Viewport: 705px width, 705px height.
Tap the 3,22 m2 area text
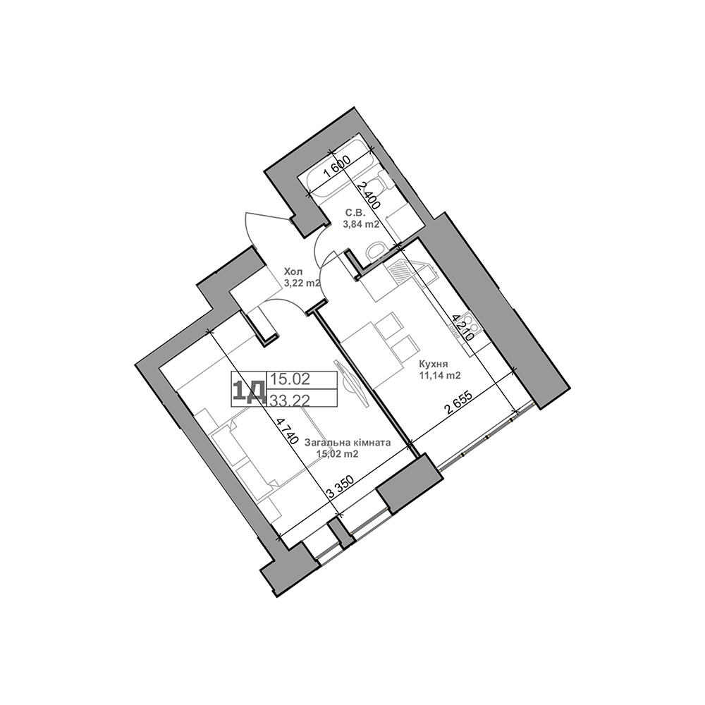coord(302,283)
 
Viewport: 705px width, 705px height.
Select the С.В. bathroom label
coord(354,212)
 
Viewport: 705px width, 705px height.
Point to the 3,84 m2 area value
coord(361,225)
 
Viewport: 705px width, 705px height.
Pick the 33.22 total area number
coord(290,400)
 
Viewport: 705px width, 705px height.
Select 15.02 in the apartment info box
coord(290,379)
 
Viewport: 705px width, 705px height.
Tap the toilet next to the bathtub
coord(379,185)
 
